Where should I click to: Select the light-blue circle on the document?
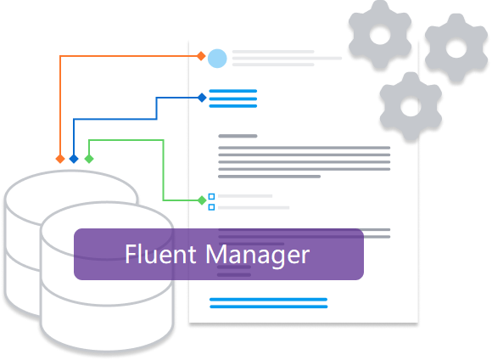pyautogui.click(x=217, y=58)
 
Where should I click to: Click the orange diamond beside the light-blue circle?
pyautogui.click(x=201, y=56)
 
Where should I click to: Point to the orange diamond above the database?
pyautogui.click(x=59, y=159)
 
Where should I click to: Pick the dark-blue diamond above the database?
pyautogui.click(x=74, y=159)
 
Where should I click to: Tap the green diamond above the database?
pyautogui.click(x=88, y=159)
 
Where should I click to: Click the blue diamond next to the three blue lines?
pyautogui.click(x=201, y=98)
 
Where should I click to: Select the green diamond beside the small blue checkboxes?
pyautogui.click(x=201, y=200)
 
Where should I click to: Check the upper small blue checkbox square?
pyautogui.click(x=211, y=196)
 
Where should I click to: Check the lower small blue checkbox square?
pyautogui.click(x=211, y=206)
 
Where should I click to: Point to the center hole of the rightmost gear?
pyautogui.click(x=456, y=49)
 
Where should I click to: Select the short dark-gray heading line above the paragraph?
pyautogui.click(x=238, y=136)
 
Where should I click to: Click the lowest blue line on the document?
pyautogui.click(x=268, y=307)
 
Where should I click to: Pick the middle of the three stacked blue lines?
pyautogui.click(x=232, y=98)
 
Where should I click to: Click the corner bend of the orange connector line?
pyautogui.click(x=59, y=56)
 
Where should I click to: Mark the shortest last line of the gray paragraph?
pyautogui.click(x=269, y=177)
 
